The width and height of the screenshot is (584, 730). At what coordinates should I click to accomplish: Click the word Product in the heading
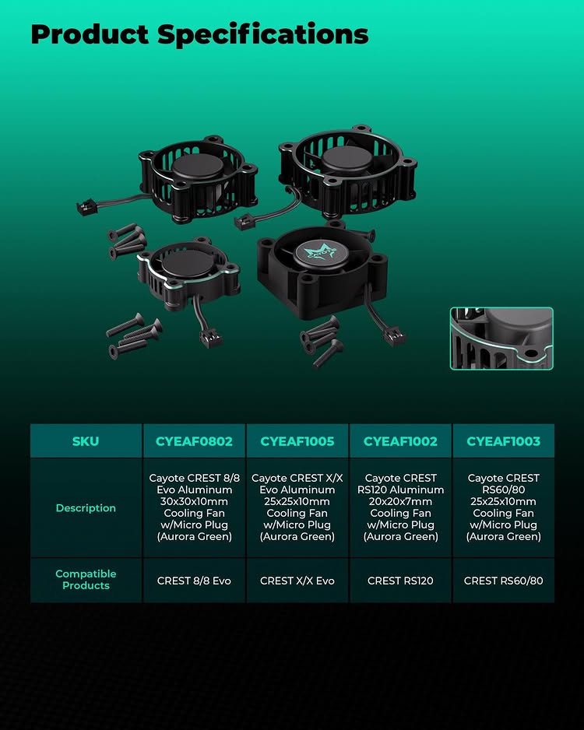point(90,34)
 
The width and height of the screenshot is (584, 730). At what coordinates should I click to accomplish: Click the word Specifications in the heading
point(263,35)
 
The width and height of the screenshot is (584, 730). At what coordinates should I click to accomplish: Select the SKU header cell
point(86,441)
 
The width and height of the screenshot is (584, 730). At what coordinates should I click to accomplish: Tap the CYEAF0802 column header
point(194,441)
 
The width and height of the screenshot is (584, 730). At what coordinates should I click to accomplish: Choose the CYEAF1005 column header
point(297,441)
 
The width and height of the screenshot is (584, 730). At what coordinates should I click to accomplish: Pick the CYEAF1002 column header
point(400,441)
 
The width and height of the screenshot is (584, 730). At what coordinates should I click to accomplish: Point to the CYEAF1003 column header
point(504,441)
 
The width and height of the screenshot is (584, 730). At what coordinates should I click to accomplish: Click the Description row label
point(86,508)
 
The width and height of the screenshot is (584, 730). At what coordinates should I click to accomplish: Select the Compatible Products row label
point(86,580)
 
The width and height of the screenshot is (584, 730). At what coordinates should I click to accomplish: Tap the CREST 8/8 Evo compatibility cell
point(194,581)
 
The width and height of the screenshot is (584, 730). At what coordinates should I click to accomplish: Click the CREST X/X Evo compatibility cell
point(297,581)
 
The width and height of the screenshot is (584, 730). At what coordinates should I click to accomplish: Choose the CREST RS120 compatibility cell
point(400,581)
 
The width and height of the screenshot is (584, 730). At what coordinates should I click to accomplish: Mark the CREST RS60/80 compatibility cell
point(504,581)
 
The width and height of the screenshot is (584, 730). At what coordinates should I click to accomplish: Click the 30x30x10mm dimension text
point(194,501)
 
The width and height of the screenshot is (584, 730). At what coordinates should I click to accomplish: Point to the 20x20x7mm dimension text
point(400,501)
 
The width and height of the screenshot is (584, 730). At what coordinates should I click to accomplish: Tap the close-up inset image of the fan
point(501,339)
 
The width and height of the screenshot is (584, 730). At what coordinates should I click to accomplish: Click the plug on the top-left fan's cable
point(86,207)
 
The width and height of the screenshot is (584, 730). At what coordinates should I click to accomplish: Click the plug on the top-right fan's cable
point(245,221)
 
